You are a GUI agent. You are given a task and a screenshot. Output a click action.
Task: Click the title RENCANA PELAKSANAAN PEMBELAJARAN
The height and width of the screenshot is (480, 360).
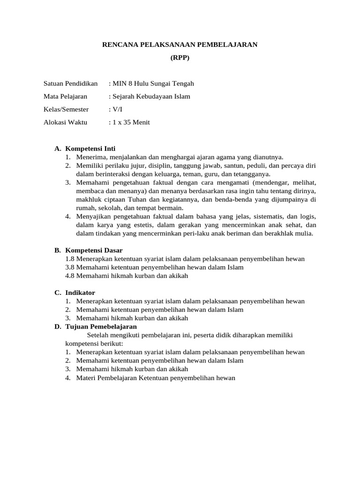pyautogui.click(x=180, y=45)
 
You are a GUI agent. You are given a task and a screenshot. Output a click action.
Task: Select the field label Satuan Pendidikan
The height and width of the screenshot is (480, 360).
pyautogui.click(x=70, y=83)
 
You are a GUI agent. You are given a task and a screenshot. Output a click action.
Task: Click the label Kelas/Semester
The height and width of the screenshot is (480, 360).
pyautogui.click(x=66, y=109)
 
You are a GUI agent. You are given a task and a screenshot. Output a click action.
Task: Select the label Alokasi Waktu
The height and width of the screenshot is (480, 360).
pyautogui.click(x=65, y=122)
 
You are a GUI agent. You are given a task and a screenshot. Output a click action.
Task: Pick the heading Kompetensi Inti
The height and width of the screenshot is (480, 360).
pyautogui.click(x=90, y=149)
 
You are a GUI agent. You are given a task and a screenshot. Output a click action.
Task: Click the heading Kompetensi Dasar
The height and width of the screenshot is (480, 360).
pyautogui.click(x=94, y=250)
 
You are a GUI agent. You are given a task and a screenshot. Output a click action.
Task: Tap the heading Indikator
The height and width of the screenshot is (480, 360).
pyautogui.click(x=80, y=292)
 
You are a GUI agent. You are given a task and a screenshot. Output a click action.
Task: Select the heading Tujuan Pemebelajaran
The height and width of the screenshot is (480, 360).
pyautogui.click(x=101, y=326)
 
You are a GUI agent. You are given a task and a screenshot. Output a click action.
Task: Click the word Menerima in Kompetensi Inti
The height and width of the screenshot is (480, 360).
pyautogui.click(x=91, y=157)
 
